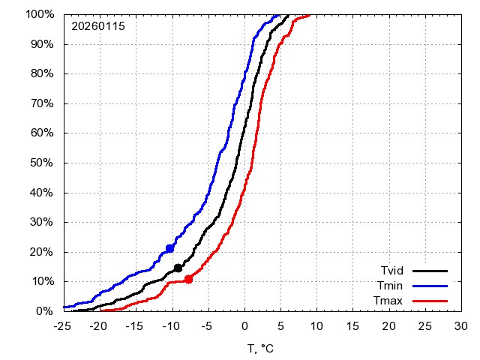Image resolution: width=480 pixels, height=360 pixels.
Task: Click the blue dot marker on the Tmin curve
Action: tap(170, 248)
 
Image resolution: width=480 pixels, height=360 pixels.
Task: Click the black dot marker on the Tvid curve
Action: tap(178, 268)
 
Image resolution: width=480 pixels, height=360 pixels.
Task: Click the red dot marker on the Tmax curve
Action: tap(188, 279)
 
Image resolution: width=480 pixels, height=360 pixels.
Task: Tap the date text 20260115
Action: tap(98, 26)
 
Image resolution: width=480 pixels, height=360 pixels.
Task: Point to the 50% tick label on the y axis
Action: tap(40, 163)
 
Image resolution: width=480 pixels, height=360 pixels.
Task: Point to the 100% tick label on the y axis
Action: tap(37, 14)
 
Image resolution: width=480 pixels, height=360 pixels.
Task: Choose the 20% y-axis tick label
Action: tap(40, 252)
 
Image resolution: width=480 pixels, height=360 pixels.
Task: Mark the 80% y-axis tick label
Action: tap(40, 73)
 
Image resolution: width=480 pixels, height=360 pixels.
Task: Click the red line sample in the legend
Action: tap(430, 301)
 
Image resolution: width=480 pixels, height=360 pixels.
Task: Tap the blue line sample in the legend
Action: tap(430, 286)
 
